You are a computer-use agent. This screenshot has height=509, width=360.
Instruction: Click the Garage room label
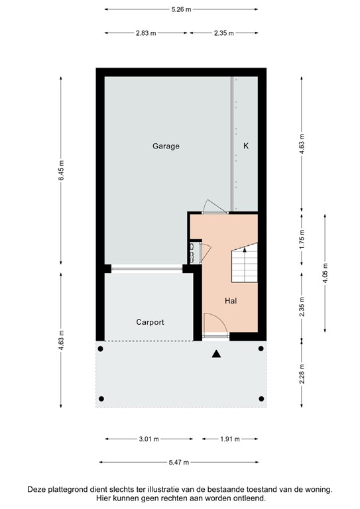pos(166,146)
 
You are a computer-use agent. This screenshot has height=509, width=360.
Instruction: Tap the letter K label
pos(245,146)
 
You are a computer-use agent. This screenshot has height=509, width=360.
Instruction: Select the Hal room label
pos(231,301)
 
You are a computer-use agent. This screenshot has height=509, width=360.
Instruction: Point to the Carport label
pos(150,322)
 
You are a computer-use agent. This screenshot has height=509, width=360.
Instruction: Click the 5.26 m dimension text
pos(180,9)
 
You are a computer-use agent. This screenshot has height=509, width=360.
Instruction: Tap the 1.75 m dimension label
pos(302,239)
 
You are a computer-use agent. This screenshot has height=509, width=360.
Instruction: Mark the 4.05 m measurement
pos(325,273)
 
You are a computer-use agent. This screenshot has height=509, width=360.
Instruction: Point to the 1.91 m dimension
pos(229,439)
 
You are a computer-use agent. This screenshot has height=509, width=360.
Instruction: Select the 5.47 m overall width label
pos(179,462)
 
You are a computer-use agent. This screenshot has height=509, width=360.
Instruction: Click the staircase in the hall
pos(243,262)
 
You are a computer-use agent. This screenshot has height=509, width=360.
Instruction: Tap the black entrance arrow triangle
pos(215,355)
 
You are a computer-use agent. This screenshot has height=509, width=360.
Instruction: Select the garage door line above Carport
pos(147,268)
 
